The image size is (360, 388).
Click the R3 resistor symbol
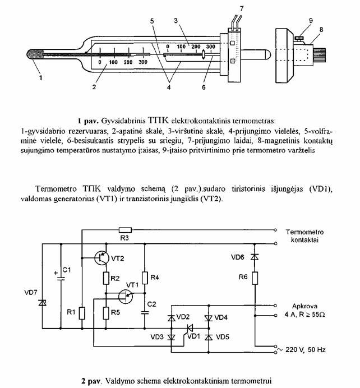125,230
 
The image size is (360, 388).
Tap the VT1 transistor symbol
126,296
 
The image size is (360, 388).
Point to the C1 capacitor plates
61,279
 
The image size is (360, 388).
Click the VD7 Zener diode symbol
42,302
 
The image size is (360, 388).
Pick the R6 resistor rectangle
255,278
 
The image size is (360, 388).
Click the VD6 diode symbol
255,257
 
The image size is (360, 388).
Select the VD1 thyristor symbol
190,329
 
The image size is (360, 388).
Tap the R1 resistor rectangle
82,313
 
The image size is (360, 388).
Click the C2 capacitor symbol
145,312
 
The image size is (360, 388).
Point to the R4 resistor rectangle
145,278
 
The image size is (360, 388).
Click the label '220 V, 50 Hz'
305,350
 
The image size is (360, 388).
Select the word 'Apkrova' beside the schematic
304,306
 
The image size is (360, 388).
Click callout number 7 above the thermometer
242,8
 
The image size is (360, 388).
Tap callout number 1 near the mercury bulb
41,78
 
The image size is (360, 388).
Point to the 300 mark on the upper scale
211,47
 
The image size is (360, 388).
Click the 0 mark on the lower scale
100,62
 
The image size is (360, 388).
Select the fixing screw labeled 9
299,39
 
